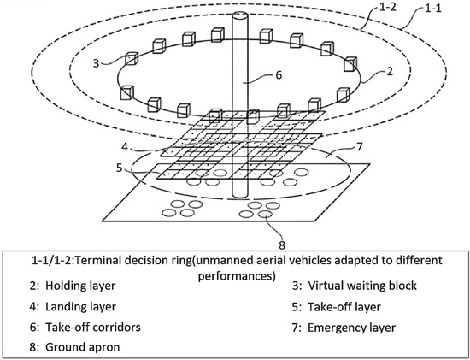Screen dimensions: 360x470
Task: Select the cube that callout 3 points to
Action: click(x=132, y=60)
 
